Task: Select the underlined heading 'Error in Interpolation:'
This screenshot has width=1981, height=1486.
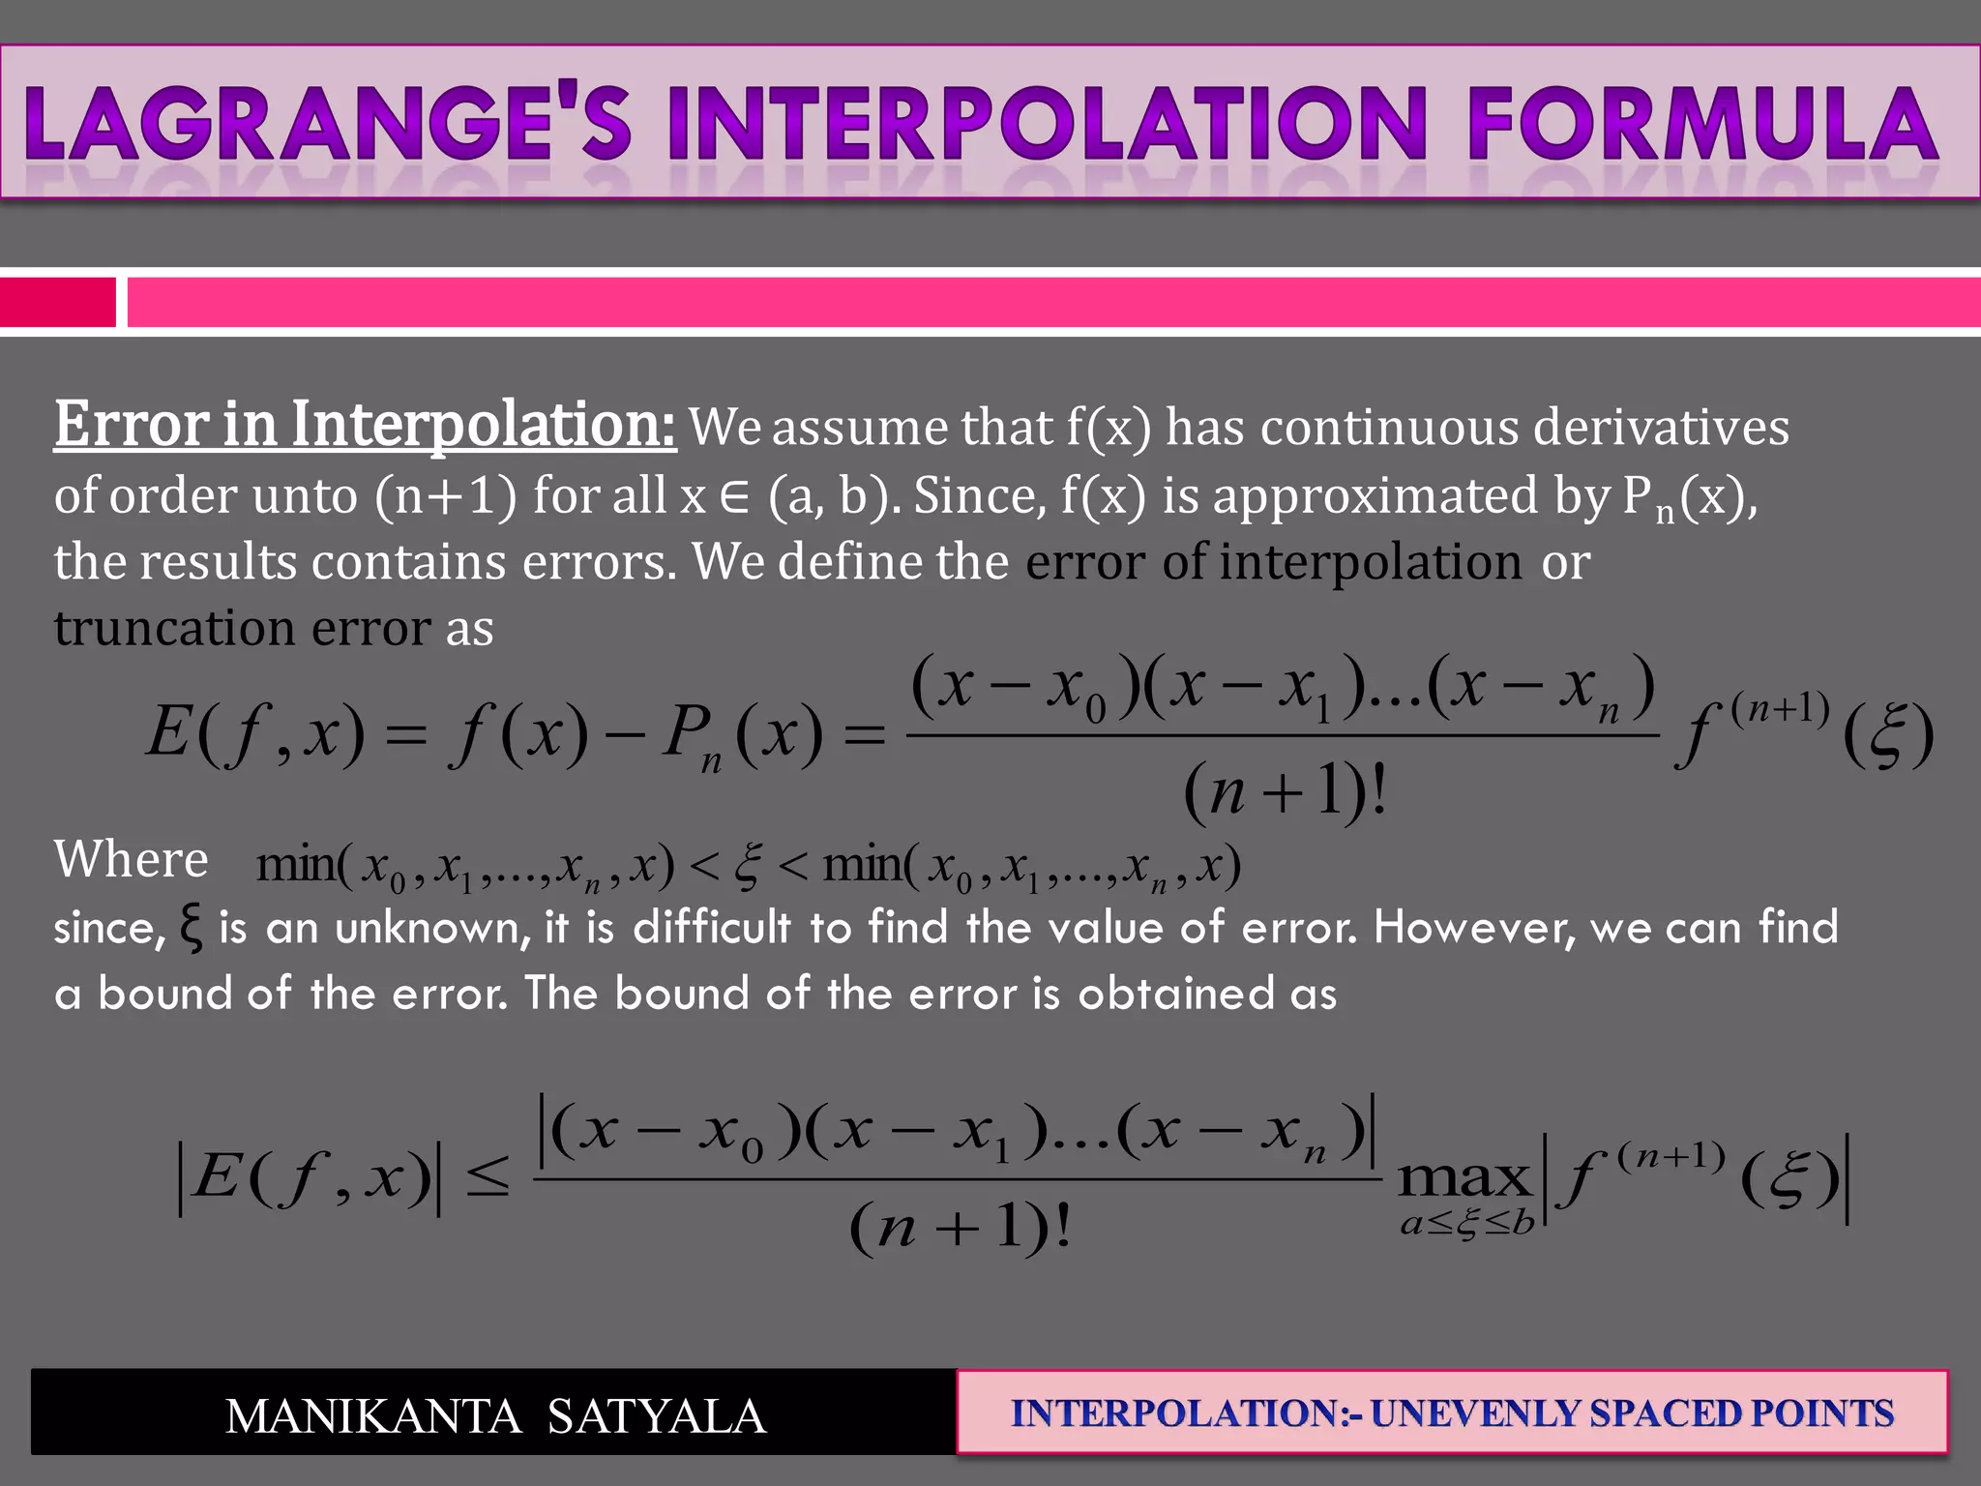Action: click(x=365, y=425)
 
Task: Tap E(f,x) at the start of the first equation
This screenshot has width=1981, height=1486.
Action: click(x=255, y=732)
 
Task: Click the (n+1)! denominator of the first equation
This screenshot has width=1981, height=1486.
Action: click(x=1285, y=791)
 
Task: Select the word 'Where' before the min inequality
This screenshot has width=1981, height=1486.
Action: click(x=131, y=859)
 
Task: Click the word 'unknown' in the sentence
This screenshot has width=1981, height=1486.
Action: click(x=432, y=928)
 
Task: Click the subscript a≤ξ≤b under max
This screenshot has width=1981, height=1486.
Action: click(x=1467, y=1224)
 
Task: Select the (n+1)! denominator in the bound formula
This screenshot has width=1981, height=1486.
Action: click(x=960, y=1229)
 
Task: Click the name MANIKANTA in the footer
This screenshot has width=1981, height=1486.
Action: click(x=373, y=1416)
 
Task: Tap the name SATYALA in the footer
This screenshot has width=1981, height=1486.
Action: click(x=657, y=1416)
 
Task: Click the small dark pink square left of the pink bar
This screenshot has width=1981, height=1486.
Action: click(x=57, y=302)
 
